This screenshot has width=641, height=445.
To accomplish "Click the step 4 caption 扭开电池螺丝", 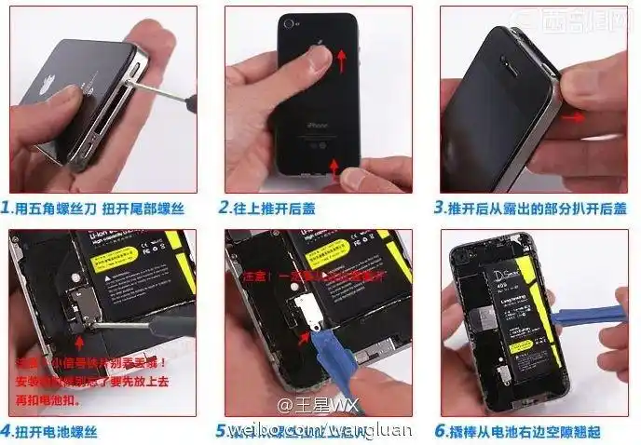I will [57, 431].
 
